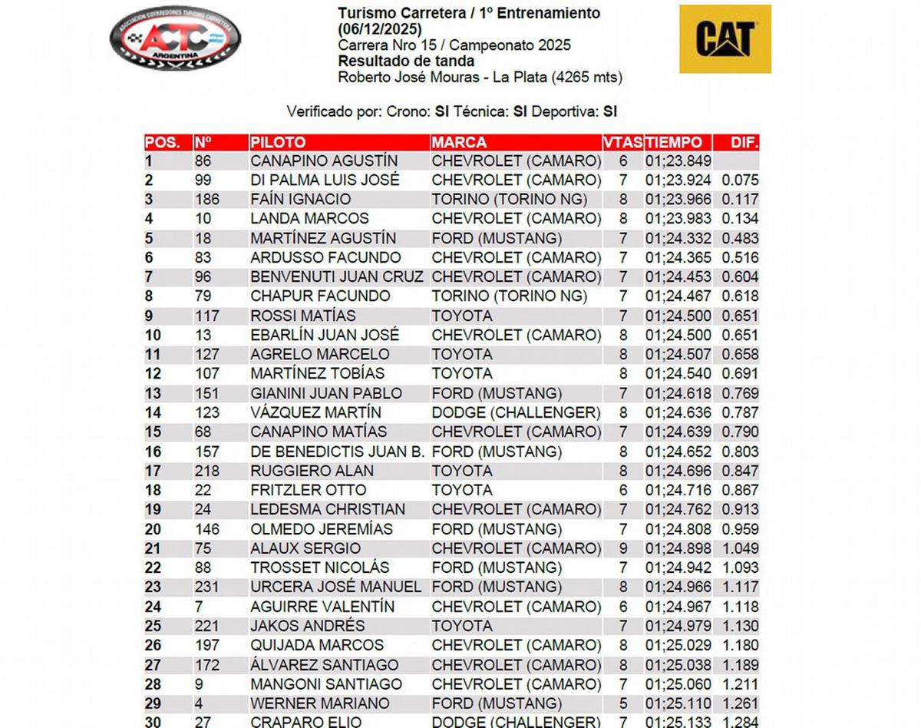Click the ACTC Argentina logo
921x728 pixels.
point(175,38)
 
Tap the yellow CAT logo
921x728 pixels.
point(725,39)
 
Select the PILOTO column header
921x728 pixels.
point(278,142)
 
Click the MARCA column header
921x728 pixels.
point(459,142)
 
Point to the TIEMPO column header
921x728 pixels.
point(673,142)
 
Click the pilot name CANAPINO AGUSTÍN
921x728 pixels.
point(324,161)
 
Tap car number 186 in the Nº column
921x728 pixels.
point(207,200)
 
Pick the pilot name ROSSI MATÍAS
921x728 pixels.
point(303,316)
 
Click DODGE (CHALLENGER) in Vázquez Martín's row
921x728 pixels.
point(516,412)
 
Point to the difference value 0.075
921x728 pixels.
point(740,180)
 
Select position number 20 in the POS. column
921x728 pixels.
point(153,529)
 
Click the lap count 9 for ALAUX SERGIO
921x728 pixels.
point(623,548)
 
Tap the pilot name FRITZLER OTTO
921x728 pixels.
point(309,490)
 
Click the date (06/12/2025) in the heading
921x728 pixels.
point(379,29)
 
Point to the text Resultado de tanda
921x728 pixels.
point(406,61)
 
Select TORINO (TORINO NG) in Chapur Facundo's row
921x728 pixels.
point(510,296)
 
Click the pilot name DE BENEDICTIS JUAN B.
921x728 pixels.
point(338,452)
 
